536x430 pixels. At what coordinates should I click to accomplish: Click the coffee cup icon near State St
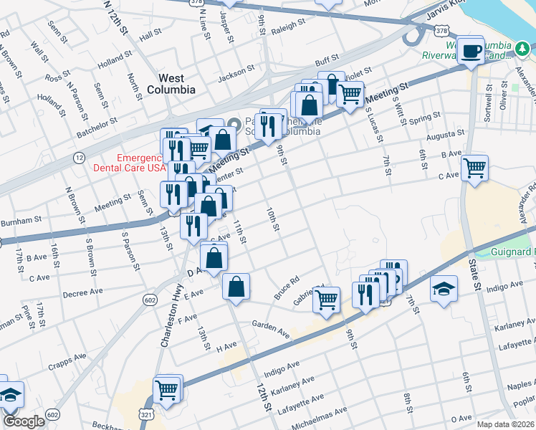(x=471, y=51)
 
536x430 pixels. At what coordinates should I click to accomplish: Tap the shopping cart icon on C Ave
(x=474, y=169)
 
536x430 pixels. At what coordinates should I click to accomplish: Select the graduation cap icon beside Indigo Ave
(x=444, y=290)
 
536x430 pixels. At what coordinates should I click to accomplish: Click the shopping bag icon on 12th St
(x=236, y=287)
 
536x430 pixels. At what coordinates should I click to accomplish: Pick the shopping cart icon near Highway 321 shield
(x=166, y=391)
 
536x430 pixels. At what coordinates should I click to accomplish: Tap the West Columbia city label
(x=171, y=84)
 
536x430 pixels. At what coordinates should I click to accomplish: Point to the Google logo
(x=24, y=421)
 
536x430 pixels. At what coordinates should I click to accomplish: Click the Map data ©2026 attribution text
(x=505, y=424)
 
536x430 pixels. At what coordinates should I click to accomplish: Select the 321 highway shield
(x=145, y=415)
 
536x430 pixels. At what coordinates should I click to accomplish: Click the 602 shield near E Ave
(x=149, y=298)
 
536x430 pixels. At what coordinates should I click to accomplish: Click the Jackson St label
(x=236, y=72)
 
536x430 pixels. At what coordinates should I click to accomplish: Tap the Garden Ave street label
(x=271, y=329)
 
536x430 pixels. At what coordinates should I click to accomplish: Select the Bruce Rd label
(x=286, y=289)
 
